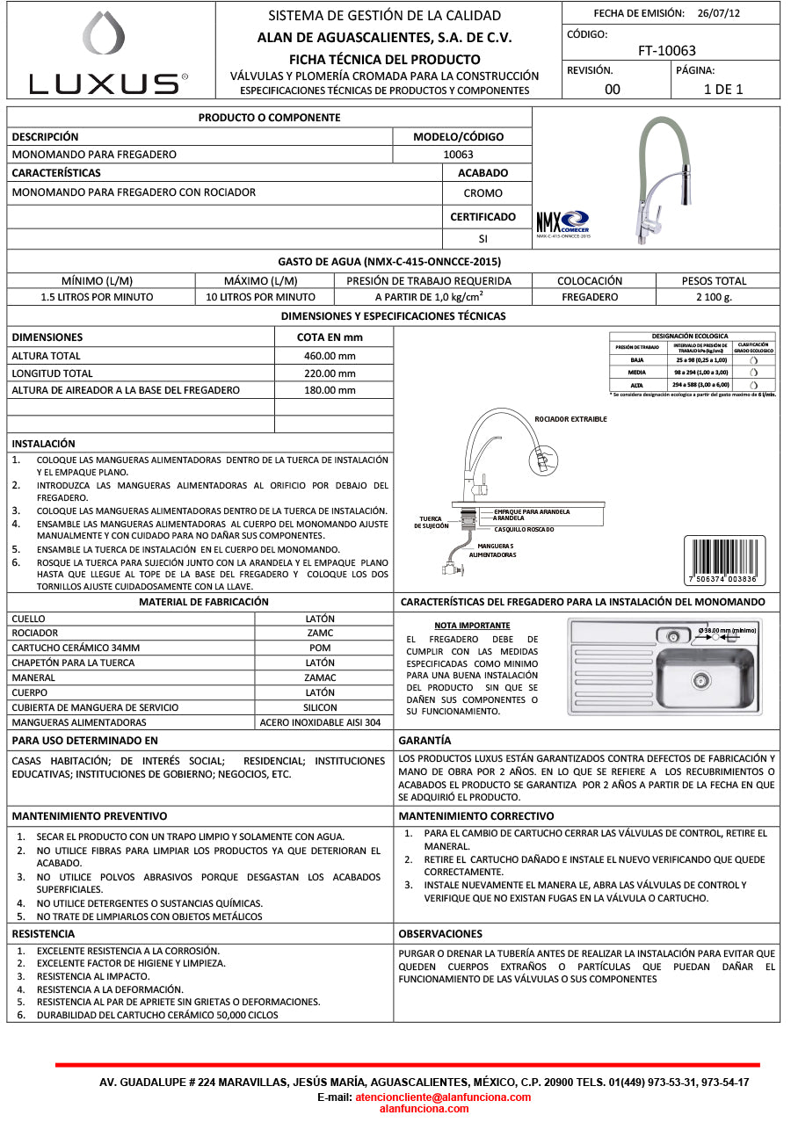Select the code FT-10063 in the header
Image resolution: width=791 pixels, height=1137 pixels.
[666, 51]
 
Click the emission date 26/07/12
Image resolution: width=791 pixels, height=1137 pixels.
[719, 13]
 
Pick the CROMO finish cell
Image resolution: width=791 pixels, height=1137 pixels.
[483, 193]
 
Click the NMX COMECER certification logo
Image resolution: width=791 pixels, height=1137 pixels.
[563, 221]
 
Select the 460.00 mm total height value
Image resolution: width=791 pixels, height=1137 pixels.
[330, 356]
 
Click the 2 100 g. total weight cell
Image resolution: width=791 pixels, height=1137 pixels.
[713, 297]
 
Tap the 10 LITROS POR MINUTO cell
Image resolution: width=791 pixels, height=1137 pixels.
[260, 297]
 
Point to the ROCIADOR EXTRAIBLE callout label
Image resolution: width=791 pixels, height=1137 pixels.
[570, 419]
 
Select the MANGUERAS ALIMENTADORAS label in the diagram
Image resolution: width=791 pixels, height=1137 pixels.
[490, 550]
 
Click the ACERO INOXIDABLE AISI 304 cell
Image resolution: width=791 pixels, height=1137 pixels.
[320, 722]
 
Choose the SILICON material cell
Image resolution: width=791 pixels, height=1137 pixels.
[320, 707]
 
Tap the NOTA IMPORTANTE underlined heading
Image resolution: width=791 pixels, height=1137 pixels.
[472, 626]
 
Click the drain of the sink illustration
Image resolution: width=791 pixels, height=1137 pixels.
[700, 678]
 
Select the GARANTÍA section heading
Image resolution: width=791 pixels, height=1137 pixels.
[425, 741]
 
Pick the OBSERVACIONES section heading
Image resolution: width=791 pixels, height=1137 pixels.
[440, 933]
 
